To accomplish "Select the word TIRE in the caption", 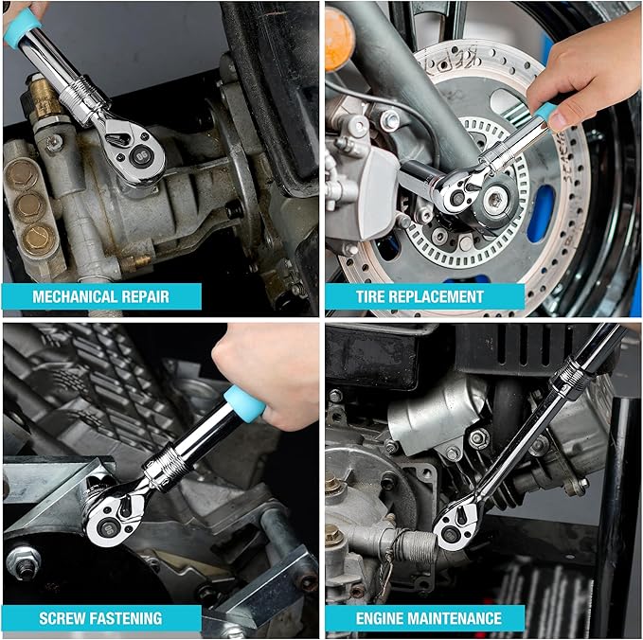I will (x=374, y=296).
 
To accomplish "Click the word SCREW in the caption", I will (x=64, y=618).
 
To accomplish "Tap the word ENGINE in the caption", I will (x=384, y=618).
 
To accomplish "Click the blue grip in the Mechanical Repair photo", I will (x=20, y=29).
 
